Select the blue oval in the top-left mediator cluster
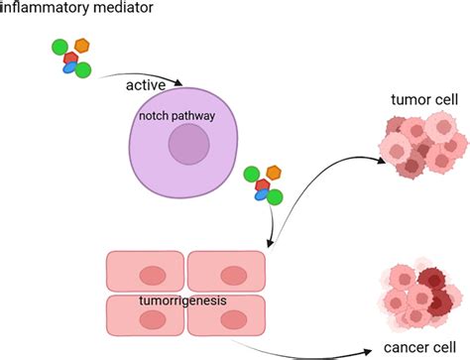(70, 68)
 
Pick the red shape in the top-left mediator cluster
(70, 59)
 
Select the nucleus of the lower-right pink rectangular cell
(231, 319)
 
